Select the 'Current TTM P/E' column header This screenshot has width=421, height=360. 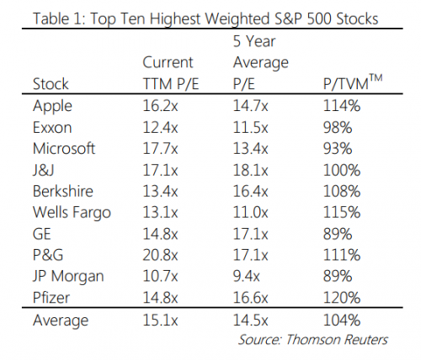[x=168, y=72]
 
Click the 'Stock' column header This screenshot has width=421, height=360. [x=51, y=84]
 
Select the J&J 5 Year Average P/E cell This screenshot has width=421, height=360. [x=250, y=169]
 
